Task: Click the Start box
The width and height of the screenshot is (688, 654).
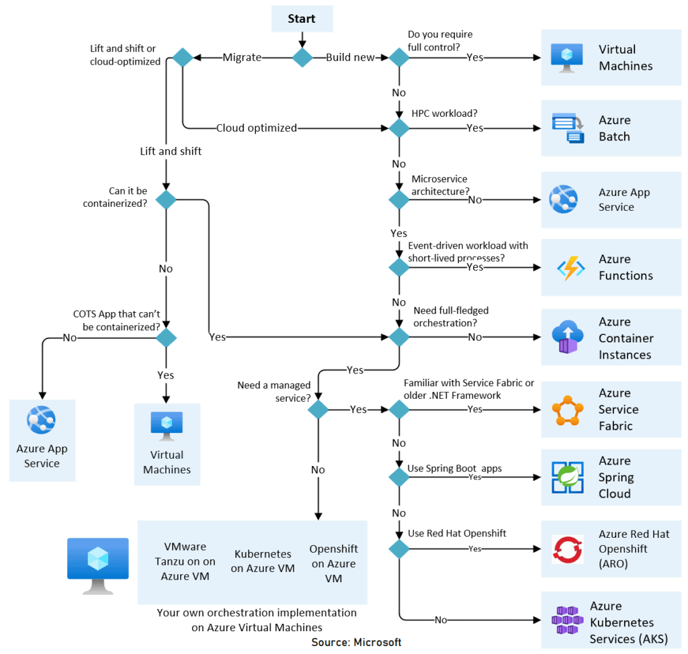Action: tap(302, 19)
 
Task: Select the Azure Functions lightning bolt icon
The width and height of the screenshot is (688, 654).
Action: tap(570, 267)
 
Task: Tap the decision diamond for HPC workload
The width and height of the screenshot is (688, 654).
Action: tap(399, 128)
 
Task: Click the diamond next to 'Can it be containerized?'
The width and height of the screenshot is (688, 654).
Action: tap(166, 199)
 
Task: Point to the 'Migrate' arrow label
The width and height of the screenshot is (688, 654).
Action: tap(242, 58)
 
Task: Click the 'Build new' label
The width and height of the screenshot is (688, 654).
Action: tap(350, 58)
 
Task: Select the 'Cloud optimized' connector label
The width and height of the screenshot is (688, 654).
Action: tap(257, 128)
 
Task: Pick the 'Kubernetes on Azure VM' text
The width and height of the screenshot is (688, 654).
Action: tap(263, 561)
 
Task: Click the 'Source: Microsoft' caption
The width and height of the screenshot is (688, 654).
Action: tap(356, 643)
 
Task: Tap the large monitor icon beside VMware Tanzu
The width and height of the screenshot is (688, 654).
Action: tap(98, 564)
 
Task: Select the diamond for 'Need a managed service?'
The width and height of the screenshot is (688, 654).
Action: tap(318, 409)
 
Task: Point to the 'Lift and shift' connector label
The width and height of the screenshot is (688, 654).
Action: tap(171, 151)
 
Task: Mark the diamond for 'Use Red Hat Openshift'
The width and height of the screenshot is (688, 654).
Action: tap(399, 549)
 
